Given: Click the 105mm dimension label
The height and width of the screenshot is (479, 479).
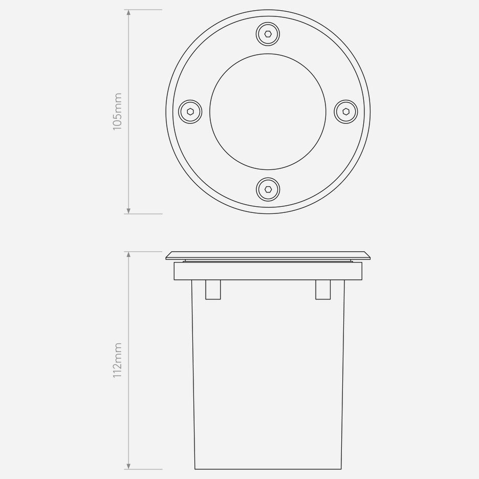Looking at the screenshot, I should (x=117, y=111).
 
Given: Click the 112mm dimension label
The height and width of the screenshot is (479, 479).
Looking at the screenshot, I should (x=117, y=360).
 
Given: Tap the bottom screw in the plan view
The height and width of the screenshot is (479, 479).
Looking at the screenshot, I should (x=268, y=189).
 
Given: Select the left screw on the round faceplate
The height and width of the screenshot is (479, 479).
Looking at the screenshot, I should (x=190, y=111).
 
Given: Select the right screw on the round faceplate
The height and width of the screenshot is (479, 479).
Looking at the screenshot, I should (x=345, y=111).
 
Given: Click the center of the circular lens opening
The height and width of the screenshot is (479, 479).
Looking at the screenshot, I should (x=268, y=111).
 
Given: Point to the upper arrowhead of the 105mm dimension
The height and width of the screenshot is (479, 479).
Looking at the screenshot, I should (x=128, y=12).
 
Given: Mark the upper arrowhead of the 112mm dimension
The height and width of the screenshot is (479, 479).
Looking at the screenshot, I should (x=128, y=254).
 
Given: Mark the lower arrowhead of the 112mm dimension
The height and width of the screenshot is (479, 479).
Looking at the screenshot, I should (x=128, y=466).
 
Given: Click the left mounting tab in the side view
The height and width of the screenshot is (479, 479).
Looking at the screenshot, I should (x=213, y=290).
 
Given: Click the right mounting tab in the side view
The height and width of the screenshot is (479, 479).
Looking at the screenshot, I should (x=323, y=290).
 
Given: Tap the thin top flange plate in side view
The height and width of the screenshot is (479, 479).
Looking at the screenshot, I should (x=268, y=255).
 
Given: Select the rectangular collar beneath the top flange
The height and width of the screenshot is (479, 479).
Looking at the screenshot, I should (x=268, y=271).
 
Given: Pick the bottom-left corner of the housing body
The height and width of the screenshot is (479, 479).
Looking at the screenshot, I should (x=195, y=468).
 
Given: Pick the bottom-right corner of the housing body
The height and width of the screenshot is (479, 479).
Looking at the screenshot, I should (x=341, y=468).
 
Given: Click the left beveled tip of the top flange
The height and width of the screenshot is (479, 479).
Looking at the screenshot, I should (x=167, y=257).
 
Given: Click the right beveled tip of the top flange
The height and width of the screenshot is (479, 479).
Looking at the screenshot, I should (x=368, y=257).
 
